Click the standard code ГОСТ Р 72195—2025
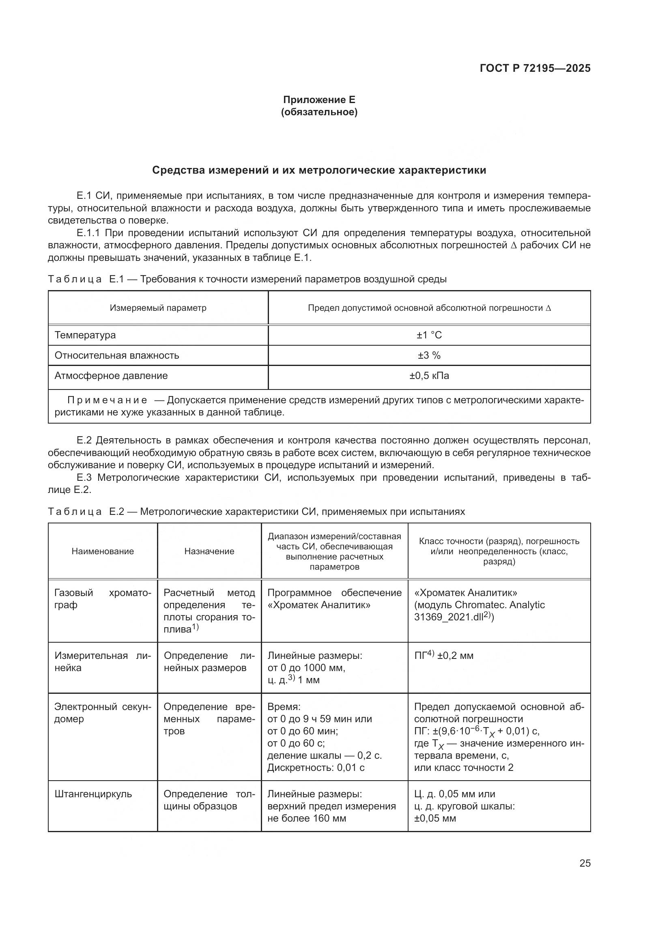click(535, 68)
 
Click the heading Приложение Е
click(319, 100)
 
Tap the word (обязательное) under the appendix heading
click(319, 112)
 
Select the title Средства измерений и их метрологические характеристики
click(319, 170)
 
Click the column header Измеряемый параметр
click(158, 308)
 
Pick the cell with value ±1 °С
click(429, 335)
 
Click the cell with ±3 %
click(429, 355)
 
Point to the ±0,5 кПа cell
click(429, 376)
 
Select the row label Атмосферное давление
click(111, 376)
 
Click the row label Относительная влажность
click(117, 355)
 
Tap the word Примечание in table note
click(107, 400)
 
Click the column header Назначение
click(209, 551)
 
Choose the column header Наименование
click(103, 551)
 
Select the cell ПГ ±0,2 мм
click(444, 656)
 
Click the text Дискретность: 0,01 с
click(316, 768)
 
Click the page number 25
click(585, 863)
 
